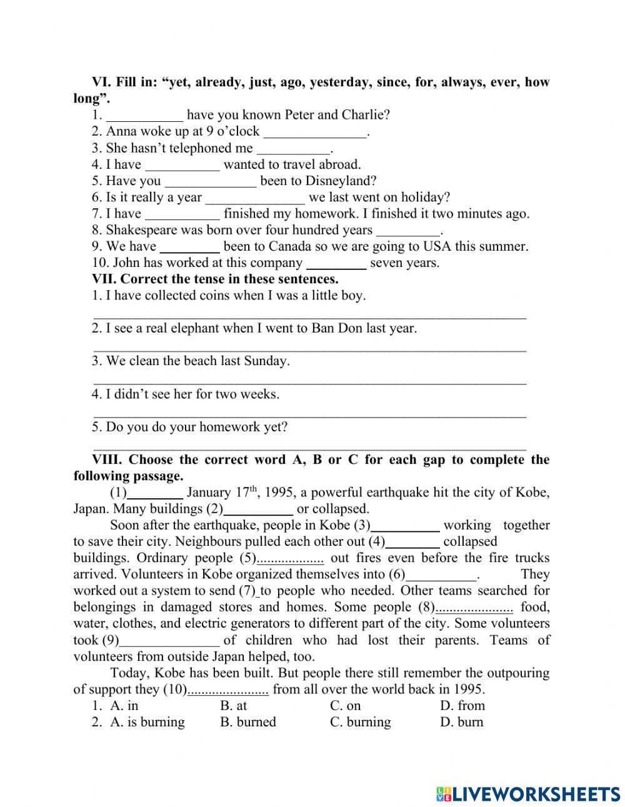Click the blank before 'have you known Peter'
coord(144,116)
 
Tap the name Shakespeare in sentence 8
coord(143,230)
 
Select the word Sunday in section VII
coord(267,361)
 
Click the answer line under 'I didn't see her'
coord(309,413)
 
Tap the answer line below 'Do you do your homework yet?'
coord(309,446)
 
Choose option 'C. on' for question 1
coord(345,706)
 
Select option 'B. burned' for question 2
coord(247,722)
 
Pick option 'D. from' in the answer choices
coord(462,706)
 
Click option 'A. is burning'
coord(147,722)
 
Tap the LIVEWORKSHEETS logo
coord(528,793)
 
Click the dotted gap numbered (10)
coord(228,690)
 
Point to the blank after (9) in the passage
coord(169,641)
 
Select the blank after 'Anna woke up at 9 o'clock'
coord(315,132)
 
